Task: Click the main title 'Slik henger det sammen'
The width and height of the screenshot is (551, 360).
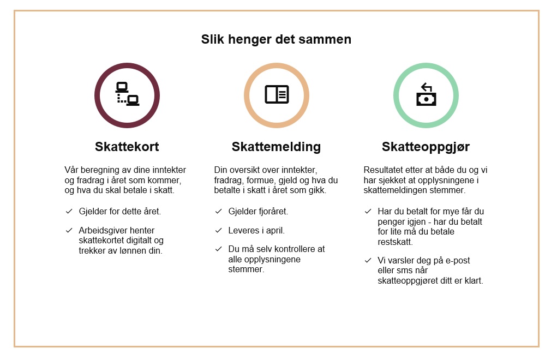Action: [x=276, y=39]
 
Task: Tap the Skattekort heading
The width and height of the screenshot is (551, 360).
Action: [x=127, y=147]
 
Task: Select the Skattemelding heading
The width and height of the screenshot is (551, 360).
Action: [x=276, y=147]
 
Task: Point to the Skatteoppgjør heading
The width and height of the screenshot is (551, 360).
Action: [x=426, y=147]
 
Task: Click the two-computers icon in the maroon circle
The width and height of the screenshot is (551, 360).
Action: [x=127, y=94]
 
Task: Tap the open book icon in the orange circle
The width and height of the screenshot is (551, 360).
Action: [x=277, y=94]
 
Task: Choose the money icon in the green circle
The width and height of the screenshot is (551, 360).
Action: [x=426, y=94]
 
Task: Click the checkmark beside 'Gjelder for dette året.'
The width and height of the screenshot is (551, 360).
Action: [x=69, y=212]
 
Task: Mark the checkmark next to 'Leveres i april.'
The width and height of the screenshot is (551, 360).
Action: [x=219, y=230]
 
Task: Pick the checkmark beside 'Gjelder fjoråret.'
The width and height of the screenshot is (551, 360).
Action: [x=219, y=212]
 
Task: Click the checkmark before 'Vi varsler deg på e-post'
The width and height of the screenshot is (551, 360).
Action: [x=368, y=261]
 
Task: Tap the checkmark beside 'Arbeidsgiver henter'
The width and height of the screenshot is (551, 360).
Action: [x=69, y=230]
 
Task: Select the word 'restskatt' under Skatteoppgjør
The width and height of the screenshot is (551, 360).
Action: [x=394, y=242]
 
